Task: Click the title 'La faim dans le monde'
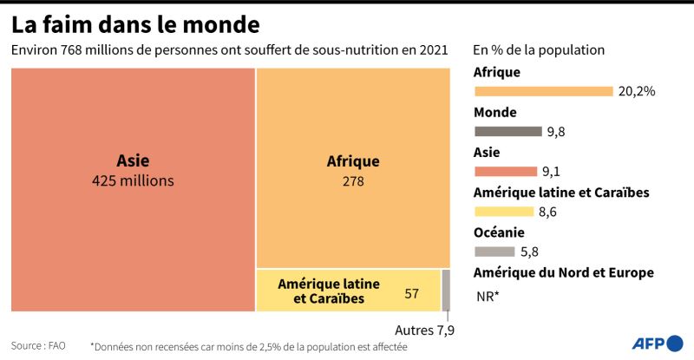pyautogui.click(x=135, y=25)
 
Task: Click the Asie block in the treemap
pyautogui.click(x=134, y=189)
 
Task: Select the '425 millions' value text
pyautogui.click(x=133, y=180)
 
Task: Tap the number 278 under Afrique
pyautogui.click(x=353, y=181)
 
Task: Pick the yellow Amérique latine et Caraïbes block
pyautogui.click(x=349, y=291)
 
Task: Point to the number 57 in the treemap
pyautogui.click(x=411, y=293)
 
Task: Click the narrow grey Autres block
pyautogui.click(x=446, y=291)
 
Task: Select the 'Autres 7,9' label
pyautogui.click(x=424, y=331)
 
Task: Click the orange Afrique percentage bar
pyautogui.click(x=544, y=91)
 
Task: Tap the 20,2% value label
pyautogui.click(x=637, y=91)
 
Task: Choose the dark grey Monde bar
pyautogui.click(x=508, y=132)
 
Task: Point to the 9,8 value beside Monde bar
pyautogui.click(x=556, y=132)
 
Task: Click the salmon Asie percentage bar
pyautogui.click(x=506, y=172)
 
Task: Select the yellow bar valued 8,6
pyautogui.click(x=504, y=212)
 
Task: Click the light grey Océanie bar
pyautogui.click(x=494, y=252)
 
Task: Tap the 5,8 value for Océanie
pyautogui.click(x=529, y=252)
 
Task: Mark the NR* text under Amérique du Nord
pyautogui.click(x=488, y=296)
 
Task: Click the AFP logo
pyautogui.click(x=658, y=344)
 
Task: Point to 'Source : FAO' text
pyautogui.click(x=38, y=345)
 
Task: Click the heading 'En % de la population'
pyautogui.click(x=539, y=50)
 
